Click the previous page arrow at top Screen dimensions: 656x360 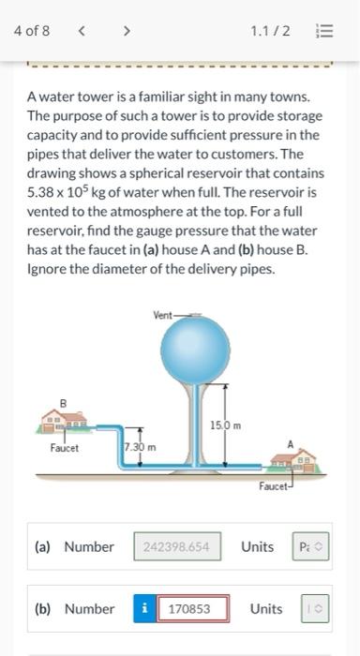pos(82,31)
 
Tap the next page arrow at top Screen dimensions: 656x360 pos(126,31)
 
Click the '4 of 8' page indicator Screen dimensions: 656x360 pos(32,31)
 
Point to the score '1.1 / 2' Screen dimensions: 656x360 pos(270,31)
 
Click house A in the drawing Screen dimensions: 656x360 pos(292,460)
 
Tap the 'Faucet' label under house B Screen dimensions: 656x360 pos(65,447)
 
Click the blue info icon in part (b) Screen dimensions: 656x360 pos(144,609)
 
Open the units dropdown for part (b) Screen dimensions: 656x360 pos(315,609)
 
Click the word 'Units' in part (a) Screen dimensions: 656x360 pos(257,546)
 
